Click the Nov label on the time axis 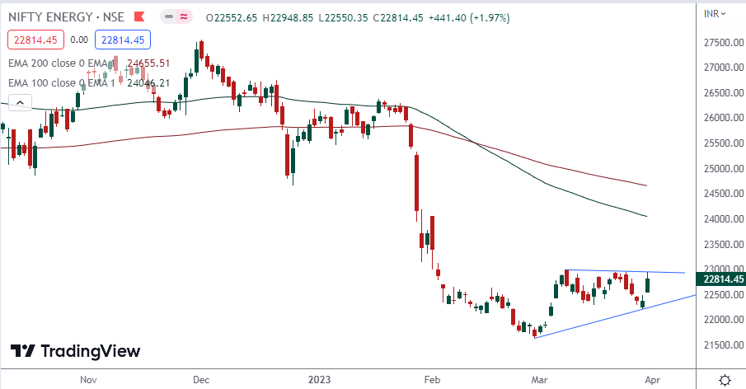point(90,380)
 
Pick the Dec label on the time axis point(200,380)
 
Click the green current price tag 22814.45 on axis point(722,279)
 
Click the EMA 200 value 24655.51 point(148,63)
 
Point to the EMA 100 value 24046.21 point(148,82)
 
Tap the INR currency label point(714,13)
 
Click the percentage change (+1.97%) point(486,16)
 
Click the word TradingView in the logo point(90,351)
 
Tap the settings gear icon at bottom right point(724,380)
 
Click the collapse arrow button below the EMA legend point(19,102)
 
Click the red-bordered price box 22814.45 point(34,39)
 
